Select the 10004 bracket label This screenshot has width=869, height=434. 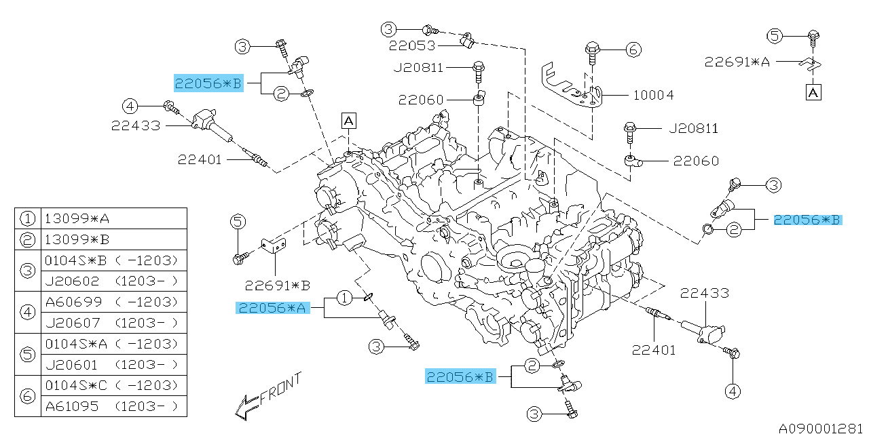653,95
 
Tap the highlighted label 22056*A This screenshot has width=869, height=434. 272,308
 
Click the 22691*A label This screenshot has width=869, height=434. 737,62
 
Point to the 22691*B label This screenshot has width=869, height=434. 278,284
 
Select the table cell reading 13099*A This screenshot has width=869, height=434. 77,218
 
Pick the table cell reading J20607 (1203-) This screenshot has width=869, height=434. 112,323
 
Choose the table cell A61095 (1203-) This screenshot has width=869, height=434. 112,406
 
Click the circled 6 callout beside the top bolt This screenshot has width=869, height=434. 633,49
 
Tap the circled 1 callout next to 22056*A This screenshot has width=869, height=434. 344,297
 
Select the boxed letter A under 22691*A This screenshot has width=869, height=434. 813,92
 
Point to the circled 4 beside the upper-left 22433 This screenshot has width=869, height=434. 130,106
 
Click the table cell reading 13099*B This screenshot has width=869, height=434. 77,239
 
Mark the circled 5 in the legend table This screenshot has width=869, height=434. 27,354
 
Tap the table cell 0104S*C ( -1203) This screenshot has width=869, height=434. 112,385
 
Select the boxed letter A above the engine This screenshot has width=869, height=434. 348,121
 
